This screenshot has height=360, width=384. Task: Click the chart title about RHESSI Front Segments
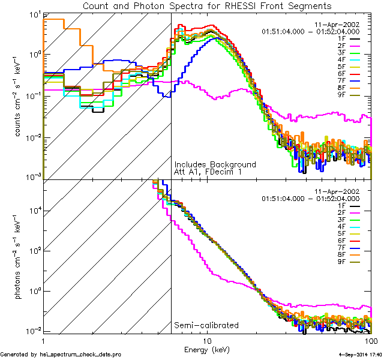coord(206,5)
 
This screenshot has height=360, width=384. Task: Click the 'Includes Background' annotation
coord(215,164)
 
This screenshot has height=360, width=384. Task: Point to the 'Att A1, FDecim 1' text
coord(207,172)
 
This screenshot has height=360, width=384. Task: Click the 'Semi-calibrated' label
coord(206,325)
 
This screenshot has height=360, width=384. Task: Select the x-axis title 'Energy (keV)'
coord(207,349)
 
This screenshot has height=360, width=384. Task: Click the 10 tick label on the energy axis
coord(207,340)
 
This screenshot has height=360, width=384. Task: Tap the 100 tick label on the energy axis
coord(371,340)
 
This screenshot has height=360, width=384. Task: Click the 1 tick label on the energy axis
coord(44,340)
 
